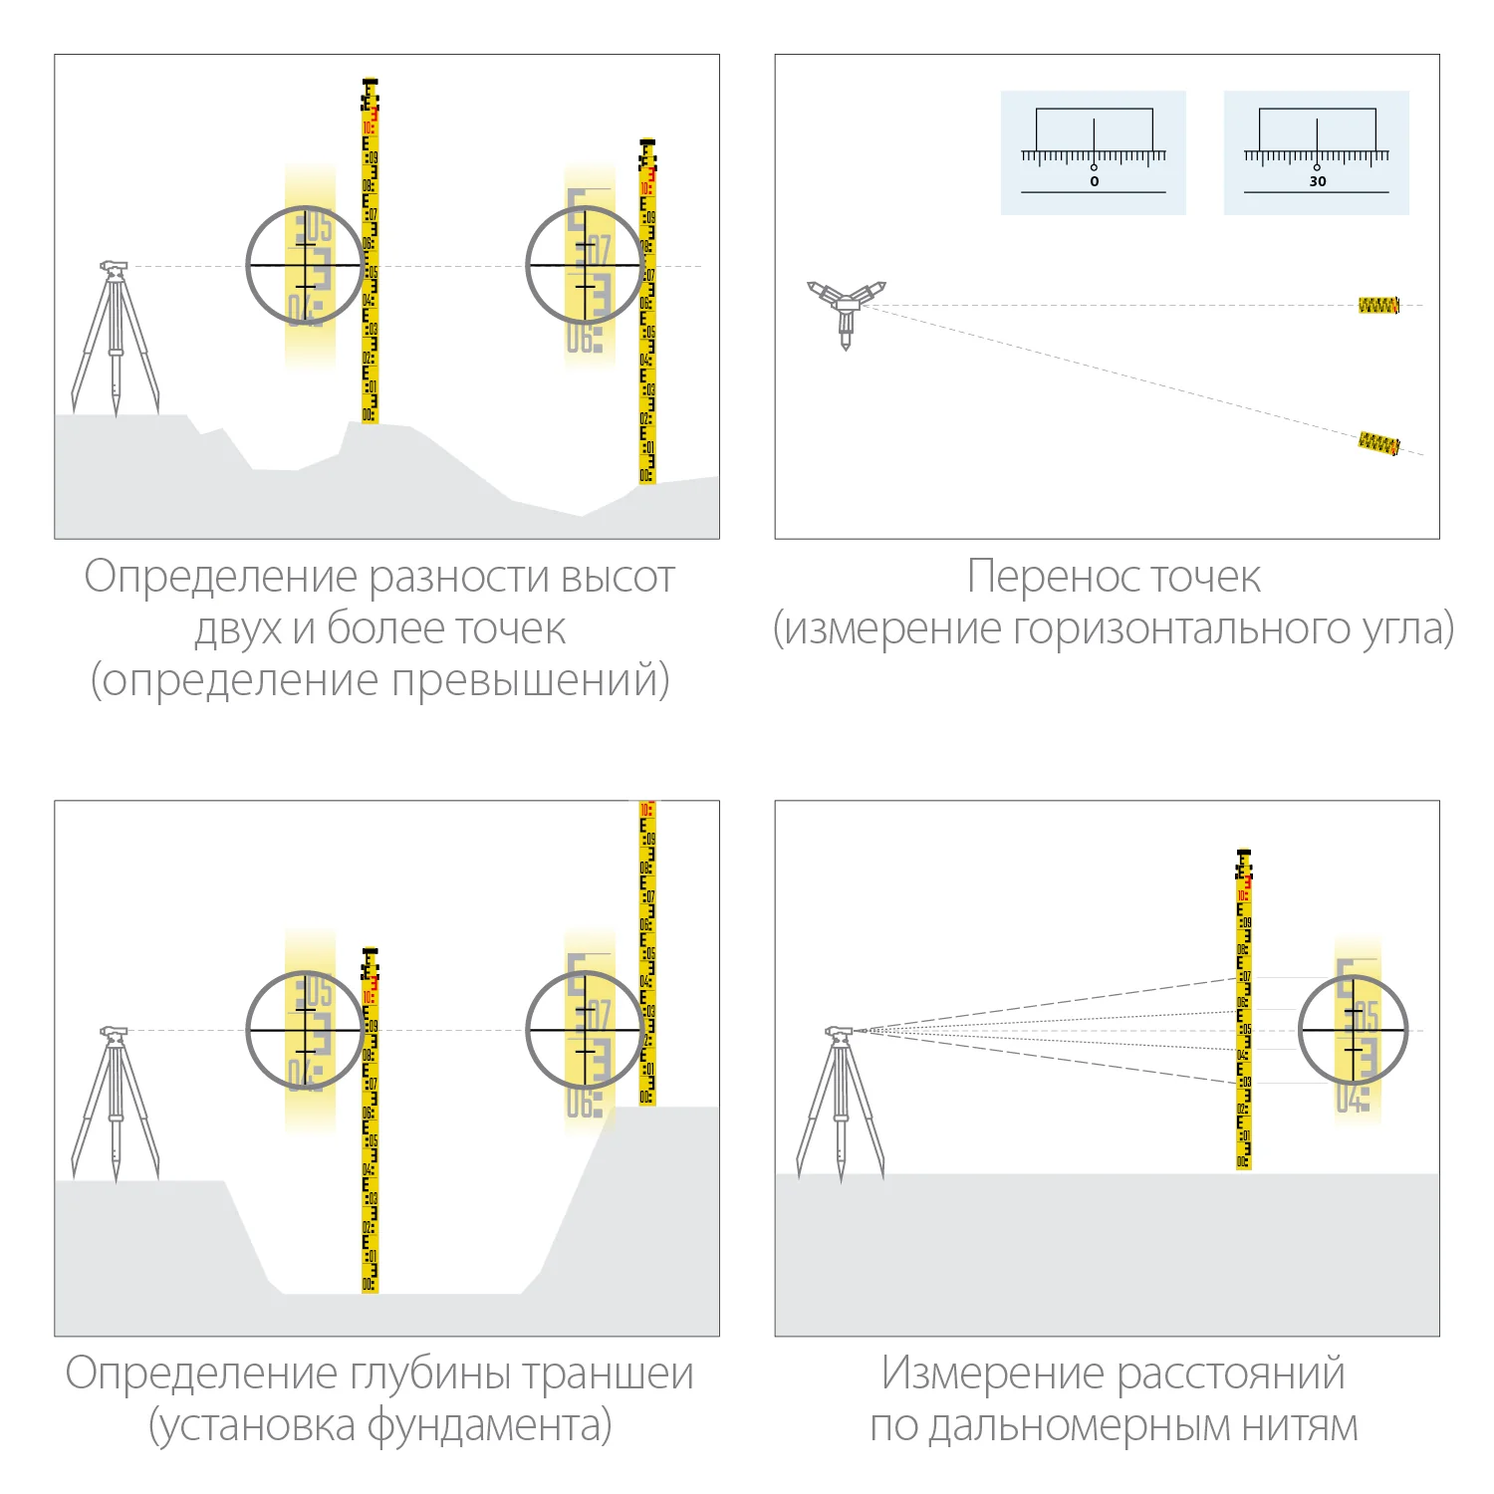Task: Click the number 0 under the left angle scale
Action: (x=1094, y=181)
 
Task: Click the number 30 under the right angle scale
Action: (x=1317, y=181)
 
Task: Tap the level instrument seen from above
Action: (x=846, y=306)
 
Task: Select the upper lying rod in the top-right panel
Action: (x=1378, y=305)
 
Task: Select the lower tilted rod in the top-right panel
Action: (x=1378, y=443)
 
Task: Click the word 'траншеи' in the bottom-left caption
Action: (x=608, y=1373)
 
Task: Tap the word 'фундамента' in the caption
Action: (x=488, y=1425)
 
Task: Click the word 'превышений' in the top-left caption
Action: (x=525, y=680)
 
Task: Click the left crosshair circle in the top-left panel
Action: (x=305, y=265)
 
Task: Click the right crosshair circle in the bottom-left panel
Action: (x=585, y=1030)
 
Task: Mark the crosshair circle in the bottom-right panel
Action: (x=1353, y=1030)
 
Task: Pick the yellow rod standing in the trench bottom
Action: (x=370, y=1125)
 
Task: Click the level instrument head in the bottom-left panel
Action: (x=114, y=1032)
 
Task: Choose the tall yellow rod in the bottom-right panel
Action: (x=1243, y=1011)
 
